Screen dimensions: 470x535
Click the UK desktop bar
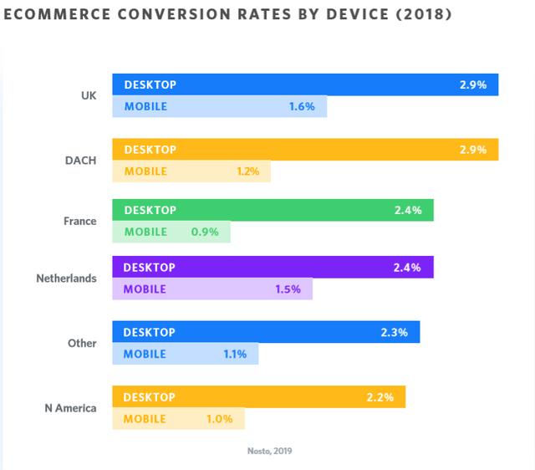click(x=305, y=85)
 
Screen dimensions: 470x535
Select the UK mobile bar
click(x=219, y=106)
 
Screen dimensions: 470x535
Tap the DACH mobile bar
click(x=191, y=171)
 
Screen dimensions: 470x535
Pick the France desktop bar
click(x=273, y=210)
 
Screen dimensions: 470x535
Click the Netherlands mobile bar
click(x=212, y=289)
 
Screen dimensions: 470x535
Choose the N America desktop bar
click(x=258, y=396)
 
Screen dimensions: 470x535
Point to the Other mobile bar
click(x=186, y=354)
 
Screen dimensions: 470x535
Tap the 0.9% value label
click(x=205, y=232)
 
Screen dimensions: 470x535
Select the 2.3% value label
click(x=393, y=332)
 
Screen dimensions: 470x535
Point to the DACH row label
click(x=81, y=160)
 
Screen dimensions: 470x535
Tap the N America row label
click(x=70, y=408)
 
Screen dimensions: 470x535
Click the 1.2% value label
click(x=248, y=171)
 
